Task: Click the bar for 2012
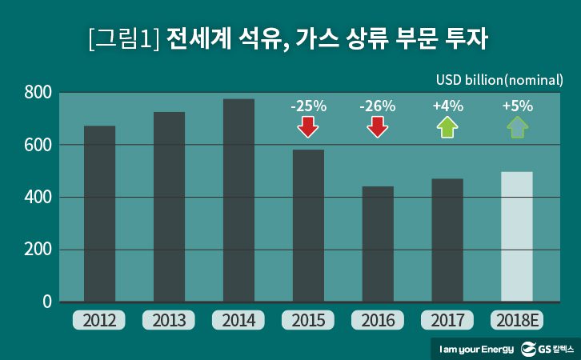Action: tap(99, 214)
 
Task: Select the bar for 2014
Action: tap(238, 200)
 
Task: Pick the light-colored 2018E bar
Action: tap(516, 237)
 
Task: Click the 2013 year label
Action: tap(169, 321)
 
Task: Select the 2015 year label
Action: tap(308, 321)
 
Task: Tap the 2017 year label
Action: tap(447, 321)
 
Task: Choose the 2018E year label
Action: tap(517, 321)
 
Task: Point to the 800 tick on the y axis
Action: tap(38, 93)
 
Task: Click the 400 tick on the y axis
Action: tap(38, 198)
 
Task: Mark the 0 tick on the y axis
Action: tap(46, 302)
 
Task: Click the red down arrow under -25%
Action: tap(307, 127)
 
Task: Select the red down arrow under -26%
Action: tap(377, 127)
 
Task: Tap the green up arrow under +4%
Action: tap(447, 127)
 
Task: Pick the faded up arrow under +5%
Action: tap(517, 127)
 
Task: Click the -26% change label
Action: tap(377, 106)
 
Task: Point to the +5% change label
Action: tap(517, 106)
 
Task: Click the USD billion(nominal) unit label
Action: tap(499, 80)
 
